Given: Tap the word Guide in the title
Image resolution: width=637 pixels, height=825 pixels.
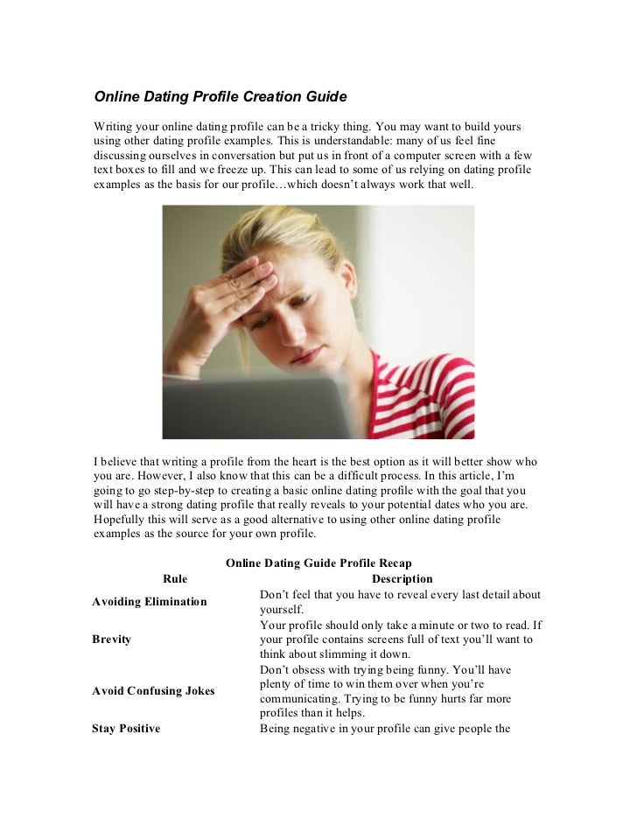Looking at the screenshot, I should point(325,94).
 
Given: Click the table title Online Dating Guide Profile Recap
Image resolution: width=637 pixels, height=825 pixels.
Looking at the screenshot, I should point(318,563).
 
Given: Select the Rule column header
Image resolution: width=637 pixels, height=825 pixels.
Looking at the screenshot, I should point(175,578).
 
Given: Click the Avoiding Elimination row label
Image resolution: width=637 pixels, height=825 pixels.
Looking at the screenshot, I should point(150,602).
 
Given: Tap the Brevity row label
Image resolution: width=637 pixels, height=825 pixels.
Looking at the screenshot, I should point(111,640).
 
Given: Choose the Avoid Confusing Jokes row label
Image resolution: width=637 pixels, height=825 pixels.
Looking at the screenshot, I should point(153,690).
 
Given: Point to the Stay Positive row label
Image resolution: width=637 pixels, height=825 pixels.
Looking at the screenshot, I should point(126,728).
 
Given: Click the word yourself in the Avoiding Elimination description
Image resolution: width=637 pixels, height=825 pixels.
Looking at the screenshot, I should point(281,609).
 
